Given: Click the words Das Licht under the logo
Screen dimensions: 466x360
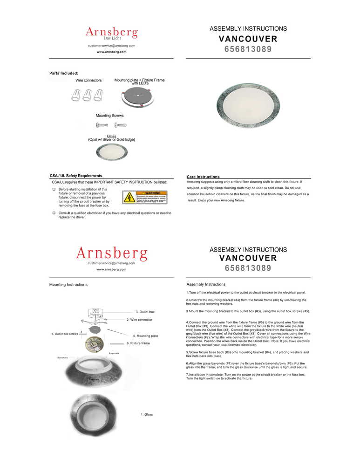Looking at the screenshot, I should tap(112, 38).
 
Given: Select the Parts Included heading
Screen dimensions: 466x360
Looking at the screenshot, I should tap(64, 73).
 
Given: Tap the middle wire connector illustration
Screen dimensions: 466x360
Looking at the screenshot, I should tap(87, 96).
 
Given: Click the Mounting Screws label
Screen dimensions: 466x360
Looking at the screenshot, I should tap(109, 115).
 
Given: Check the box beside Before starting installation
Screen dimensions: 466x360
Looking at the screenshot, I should tap(54, 190).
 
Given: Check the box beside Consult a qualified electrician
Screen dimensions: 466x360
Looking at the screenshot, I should tap(54, 213).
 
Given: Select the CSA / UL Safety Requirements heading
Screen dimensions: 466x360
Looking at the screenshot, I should tap(76, 176).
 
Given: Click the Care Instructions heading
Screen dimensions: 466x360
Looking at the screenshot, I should tap(203, 177).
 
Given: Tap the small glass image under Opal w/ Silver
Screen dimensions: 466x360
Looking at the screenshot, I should tap(111, 151).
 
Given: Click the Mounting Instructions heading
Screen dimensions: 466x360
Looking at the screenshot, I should tap(68, 284).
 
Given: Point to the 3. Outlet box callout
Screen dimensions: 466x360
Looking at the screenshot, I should tap(145, 311).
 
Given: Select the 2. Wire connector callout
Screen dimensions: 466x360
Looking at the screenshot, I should tap(139, 320).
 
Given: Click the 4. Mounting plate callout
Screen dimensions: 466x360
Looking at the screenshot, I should tap(145, 336).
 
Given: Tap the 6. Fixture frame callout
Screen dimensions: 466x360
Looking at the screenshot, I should tap(138, 343).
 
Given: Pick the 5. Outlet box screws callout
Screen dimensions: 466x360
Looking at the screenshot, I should tap(65, 334).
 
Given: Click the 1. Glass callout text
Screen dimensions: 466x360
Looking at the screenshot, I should tap(147, 414).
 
